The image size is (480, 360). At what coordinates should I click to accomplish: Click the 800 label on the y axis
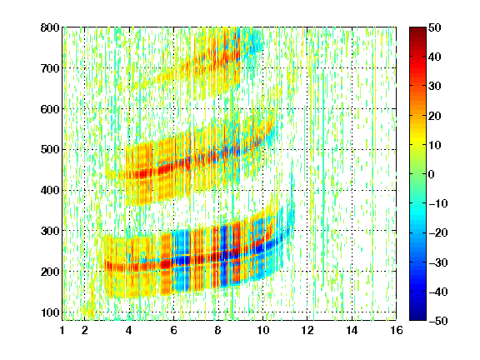coord(50,27)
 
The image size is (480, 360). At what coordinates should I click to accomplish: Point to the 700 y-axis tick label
coord(50,68)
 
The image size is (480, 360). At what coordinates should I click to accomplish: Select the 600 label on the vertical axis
coord(50,109)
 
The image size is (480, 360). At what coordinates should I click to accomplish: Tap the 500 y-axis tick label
coord(50,150)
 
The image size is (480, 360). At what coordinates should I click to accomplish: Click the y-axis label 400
coord(50,190)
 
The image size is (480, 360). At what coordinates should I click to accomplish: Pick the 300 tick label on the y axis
coord(50,231)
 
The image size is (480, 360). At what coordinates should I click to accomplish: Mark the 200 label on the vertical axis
coord(50,272)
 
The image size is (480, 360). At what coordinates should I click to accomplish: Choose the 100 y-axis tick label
coord(50,312)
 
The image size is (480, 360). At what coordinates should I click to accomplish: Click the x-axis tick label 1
coord(62,330)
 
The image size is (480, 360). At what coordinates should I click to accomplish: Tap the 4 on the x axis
coord(129,330)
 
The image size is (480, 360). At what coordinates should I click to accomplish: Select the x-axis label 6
coord(173,330)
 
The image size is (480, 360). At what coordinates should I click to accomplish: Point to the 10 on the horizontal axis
coord(263,330)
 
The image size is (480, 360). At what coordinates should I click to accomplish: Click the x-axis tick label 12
coord(307,330)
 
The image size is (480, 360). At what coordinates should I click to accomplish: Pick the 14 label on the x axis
coord(352,330)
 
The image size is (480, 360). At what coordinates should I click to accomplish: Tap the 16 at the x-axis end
coord(397,330)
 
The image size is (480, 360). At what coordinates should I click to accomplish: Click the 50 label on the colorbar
coord(435,27)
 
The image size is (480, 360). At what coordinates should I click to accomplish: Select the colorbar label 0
coord(432,174)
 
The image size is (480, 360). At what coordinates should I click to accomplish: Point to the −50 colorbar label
coord(438,321)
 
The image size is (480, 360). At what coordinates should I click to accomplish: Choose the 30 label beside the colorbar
coord(435,87)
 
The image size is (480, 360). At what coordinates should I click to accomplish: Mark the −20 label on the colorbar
coord(438,233)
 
